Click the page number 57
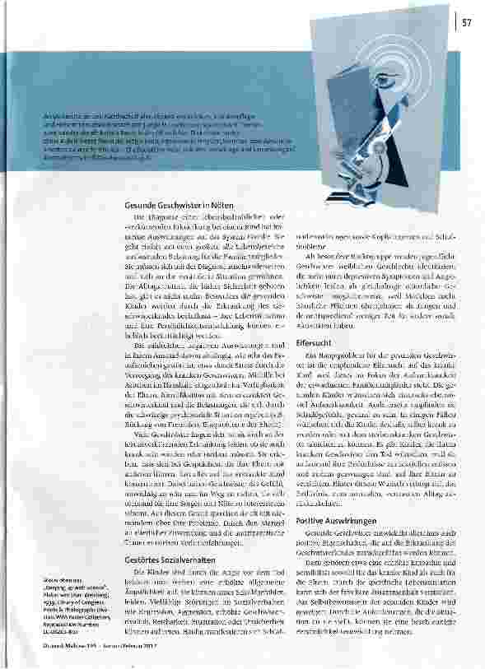pos(467,21)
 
